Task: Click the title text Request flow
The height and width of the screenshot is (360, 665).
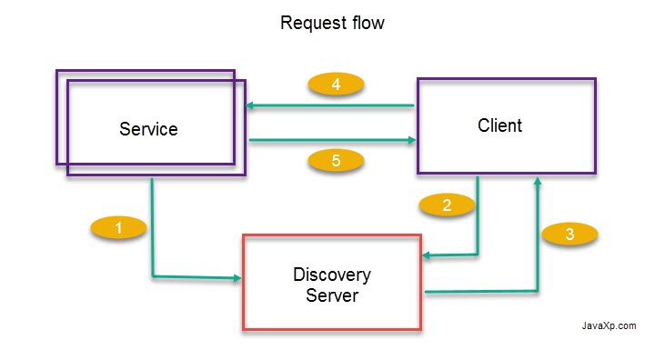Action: pos(332,24)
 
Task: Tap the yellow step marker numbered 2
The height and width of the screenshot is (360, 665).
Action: pos(447,205)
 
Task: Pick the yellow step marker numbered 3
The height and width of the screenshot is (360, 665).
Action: pos(569,234)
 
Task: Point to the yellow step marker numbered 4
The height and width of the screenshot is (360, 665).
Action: pos(336,85)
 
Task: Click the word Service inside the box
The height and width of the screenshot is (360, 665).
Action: pos(148,129)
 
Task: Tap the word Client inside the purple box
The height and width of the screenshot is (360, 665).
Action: pos(500,125)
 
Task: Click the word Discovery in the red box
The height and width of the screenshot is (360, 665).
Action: pos(332,275)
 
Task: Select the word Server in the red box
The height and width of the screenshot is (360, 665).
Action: pos(332,295)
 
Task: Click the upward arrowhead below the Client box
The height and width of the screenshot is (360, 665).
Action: pos(538,183)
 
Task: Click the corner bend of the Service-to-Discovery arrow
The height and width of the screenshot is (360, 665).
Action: pos(153,275)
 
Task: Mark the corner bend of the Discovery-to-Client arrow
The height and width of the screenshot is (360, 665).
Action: pos(538,291)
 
